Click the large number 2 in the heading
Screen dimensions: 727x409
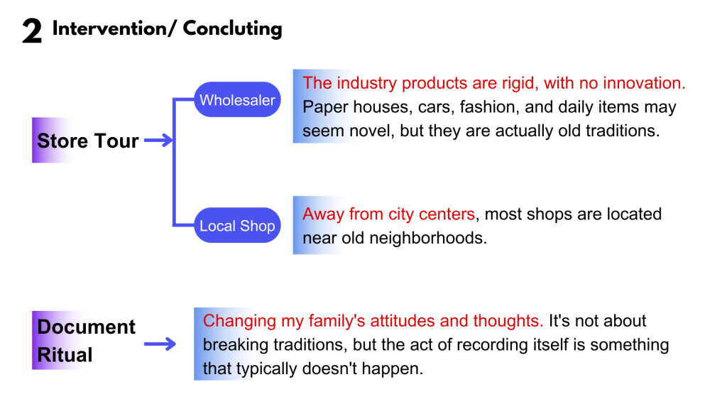pyautogui.click(x=32, y=31)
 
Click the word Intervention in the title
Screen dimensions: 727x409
pyautogui.click(x=109, y=28)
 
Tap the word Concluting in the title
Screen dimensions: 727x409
pyautogui.click(x=232, y=28)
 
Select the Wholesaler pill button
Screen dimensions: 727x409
pyautogui.click(x=237, y=99)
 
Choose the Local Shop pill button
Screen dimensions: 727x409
pyautogui.click(x=237, y=225)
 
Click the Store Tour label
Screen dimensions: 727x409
pyautogui.click(x=87, y=141)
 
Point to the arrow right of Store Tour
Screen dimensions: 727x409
pyautogui.click(x=158, y=140)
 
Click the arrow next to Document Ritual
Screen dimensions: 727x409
pyautogui.click(x=160, y=344)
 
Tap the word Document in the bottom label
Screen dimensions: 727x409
pyautogui.click(x=86, y=327)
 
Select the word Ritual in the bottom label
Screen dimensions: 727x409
pyautogui.click(x=65, y=355)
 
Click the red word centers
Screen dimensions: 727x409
pyautogui.click(x=447, y=214)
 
